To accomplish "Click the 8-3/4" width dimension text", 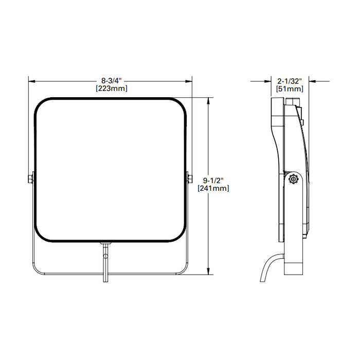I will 111,81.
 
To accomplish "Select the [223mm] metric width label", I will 111,88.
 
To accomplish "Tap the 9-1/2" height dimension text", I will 213,180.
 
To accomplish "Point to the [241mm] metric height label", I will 213,188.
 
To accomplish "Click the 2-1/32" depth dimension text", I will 289,81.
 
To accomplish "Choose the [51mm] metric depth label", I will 289,88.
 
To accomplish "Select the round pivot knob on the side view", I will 293,179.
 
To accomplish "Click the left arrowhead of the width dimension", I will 31,81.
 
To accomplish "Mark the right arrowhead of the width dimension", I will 189,81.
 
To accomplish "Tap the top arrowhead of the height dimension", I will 208,100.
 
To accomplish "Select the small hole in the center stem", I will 105,255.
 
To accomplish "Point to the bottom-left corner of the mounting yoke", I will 37,268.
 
